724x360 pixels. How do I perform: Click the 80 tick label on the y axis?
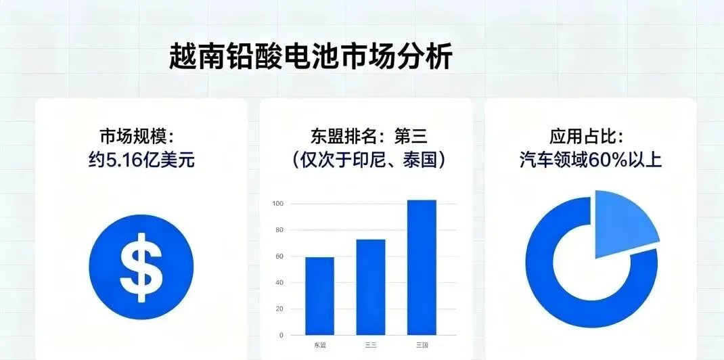pos(277,230)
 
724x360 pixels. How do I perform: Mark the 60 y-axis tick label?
pos(277,256)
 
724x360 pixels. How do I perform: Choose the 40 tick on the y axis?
pos(277,283)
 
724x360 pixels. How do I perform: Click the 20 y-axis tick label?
pos(277,309)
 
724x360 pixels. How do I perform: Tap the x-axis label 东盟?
pos(320,346)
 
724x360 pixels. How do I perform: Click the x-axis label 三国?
pos(421,346)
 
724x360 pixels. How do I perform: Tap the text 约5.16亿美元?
pos(141,160)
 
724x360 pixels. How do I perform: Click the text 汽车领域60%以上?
pos(591,160)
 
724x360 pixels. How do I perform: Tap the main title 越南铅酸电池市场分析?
pos(311,58)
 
